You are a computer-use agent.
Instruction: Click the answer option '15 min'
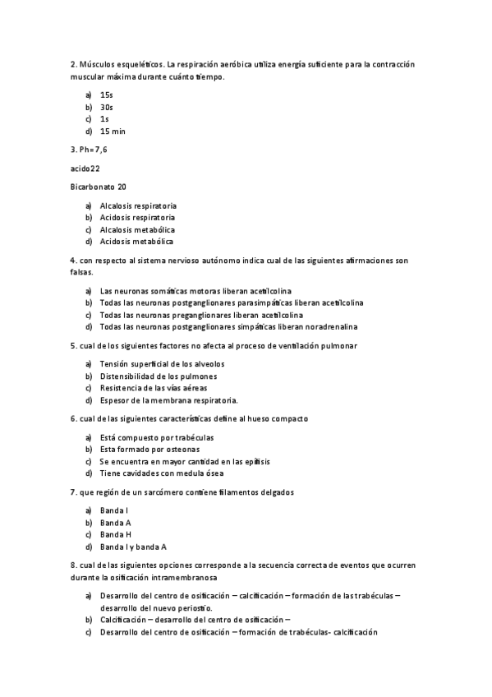(113, 132)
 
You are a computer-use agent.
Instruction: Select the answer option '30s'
(106, 107)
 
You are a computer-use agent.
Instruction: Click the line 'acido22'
(85, 168)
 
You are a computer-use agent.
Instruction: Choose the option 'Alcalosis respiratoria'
(138, 205)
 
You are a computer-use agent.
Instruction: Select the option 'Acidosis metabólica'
(136, 242)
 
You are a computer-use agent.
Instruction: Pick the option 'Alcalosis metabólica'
(137, 229)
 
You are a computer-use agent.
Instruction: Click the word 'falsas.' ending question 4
(84, 272)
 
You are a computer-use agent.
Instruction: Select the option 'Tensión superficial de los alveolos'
(162, 364)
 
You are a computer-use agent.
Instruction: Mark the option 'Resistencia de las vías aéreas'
(154, 388)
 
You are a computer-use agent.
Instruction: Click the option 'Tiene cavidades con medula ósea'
(161, 473)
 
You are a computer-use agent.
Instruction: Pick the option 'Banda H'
(116, 534)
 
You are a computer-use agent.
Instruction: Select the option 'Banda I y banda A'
(133, 547)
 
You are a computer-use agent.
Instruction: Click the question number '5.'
(74, 346)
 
